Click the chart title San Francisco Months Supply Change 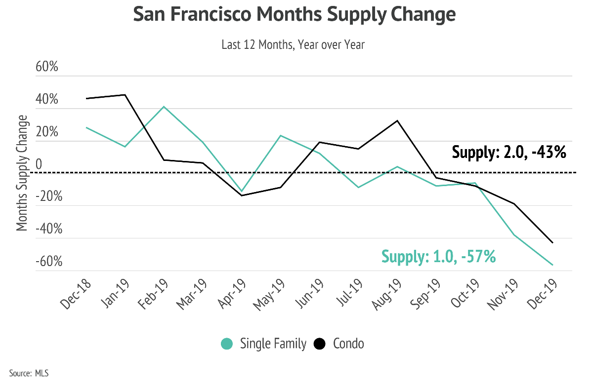(294, 15)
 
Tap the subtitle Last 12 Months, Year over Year (293, 45)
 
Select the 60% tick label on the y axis (47, 67)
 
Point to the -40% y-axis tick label (49, 229)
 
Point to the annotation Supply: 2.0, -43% (508, 152)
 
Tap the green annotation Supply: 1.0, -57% (438, 257)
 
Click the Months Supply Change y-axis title (22, 173)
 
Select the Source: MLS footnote (29, 373)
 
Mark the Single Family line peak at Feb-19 (164, 107)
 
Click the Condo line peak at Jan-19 (125, 95)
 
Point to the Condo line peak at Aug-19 (398, 120)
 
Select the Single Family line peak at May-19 (281, 135)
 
